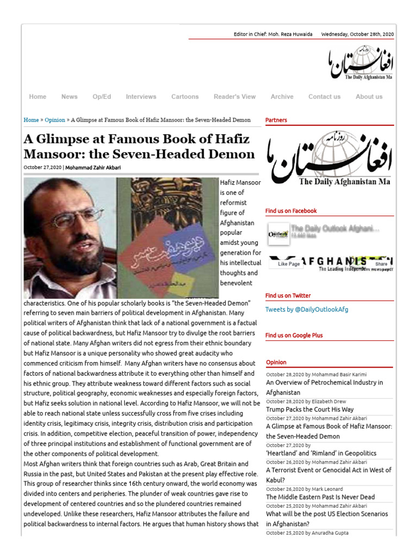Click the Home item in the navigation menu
tap(37, 97)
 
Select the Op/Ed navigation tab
tap(102, 97)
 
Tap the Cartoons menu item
tap(185, 97)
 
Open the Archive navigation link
tap(282, 97)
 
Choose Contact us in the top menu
tap(324, 97)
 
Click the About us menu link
tap(369, 97)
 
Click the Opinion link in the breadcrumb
tap(55, 120)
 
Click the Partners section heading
tap(276, 120)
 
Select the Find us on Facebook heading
tap(290, 211)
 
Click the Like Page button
tap(289, 264)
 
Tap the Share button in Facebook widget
tap(381, 264)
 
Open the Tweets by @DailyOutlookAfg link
tap(306, 309)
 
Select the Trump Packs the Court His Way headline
tap(309, 409)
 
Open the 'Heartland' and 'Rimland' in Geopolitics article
tap(321, 453)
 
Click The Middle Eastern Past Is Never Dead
tap(320, 497)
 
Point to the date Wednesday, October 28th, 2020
tap(357, 34)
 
